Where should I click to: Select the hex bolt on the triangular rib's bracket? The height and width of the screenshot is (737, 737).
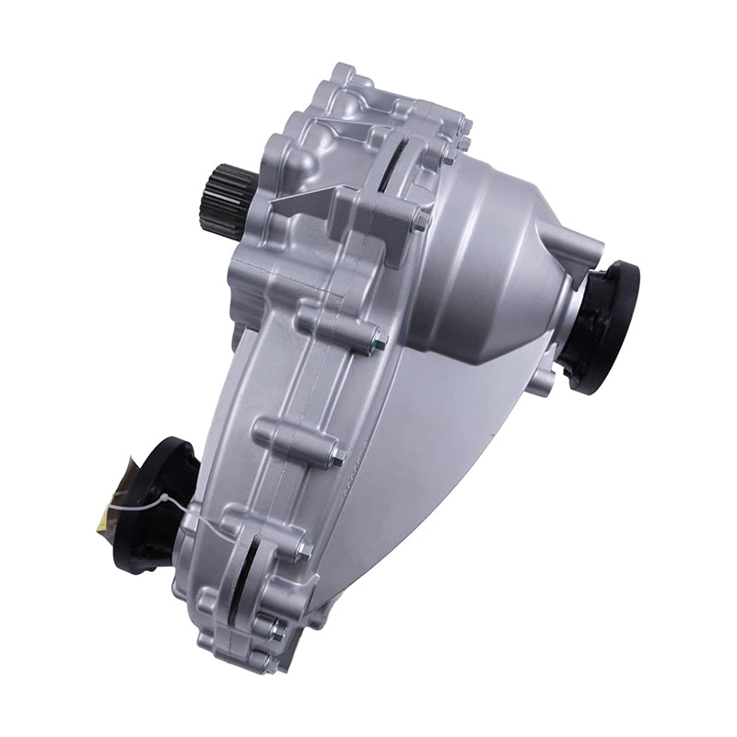click(419, 221)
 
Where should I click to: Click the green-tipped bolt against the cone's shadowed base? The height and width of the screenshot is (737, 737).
click(376, 344)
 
